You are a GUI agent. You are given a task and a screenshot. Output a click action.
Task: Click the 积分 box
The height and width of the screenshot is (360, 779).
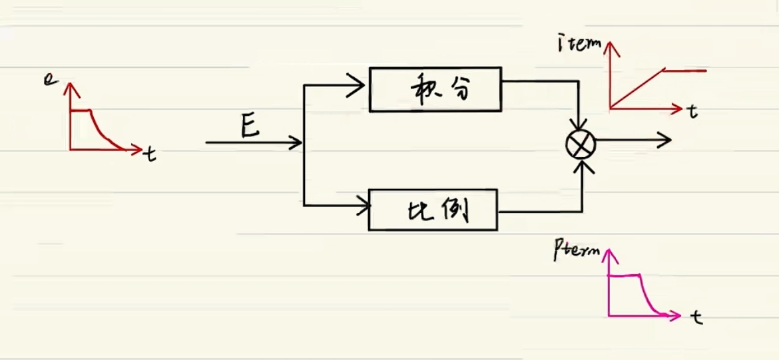[435, 89]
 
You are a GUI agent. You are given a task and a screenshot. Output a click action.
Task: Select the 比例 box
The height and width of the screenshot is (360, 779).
[433, 210]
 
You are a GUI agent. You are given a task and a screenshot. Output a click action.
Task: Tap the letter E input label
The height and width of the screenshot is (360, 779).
[251, 126]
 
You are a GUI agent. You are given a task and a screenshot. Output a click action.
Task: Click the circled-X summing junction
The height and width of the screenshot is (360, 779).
[581, 144]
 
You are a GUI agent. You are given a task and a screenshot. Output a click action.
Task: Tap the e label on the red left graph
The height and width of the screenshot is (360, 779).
[48, 81]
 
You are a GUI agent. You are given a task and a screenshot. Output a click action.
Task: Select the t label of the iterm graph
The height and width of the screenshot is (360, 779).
[693, 113]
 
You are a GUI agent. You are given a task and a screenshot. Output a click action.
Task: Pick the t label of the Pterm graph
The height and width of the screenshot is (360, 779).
[697, 318]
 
